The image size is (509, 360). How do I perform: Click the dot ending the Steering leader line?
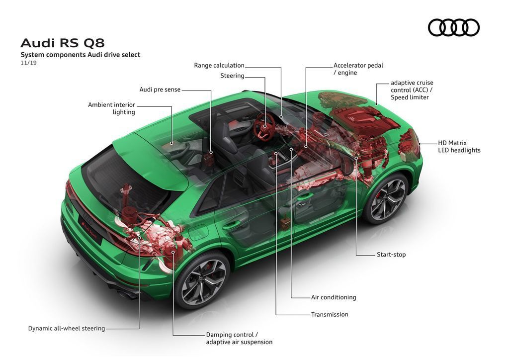coord(265,126)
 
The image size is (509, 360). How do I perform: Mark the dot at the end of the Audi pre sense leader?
coord(211,152)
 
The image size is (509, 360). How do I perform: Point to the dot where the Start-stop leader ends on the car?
coord(356,158)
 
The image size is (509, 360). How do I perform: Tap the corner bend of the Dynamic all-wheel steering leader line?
coord(139,329)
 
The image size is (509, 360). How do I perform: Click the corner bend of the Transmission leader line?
coord(276,315)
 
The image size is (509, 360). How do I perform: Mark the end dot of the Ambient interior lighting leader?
coord(171,143)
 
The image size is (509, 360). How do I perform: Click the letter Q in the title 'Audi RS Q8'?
coord(90,43)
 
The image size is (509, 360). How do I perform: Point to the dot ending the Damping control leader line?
coord(173,252)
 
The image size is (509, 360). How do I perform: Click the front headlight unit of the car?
coord(410,145)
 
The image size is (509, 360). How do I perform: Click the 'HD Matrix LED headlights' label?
coord(459,146)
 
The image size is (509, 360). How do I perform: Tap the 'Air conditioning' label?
coord(334,297)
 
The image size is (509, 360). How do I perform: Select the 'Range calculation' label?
coord(219,65)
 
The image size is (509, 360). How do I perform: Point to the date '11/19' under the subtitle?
coord(28,63)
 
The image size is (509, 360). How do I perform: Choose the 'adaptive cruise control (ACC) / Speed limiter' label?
coord(412,90)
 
